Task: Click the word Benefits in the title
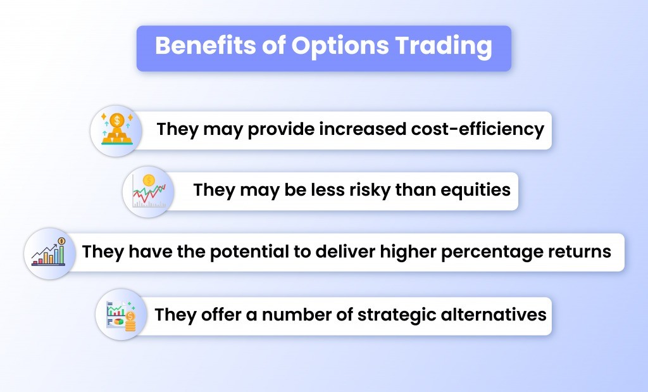point(206,45)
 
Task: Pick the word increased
point(362,129)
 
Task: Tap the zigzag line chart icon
point(149,191)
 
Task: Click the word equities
point(475,191)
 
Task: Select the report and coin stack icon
point(121,315)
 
